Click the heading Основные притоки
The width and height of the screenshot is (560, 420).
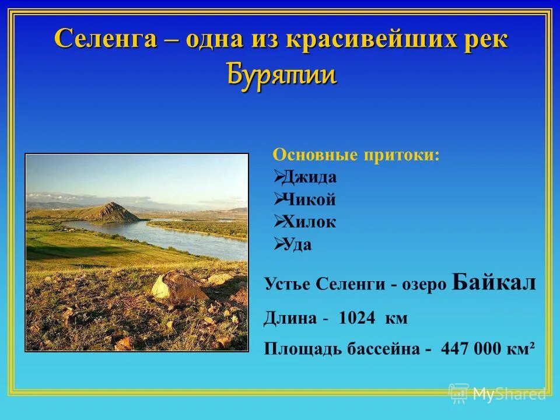coord(356,155)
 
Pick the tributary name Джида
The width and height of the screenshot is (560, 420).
coord(310,177)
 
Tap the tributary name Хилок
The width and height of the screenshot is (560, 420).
coord(310,222)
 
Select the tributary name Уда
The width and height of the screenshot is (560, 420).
coord(297,244)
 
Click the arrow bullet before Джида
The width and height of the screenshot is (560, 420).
coord(278,177)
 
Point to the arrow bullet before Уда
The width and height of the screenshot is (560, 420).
coord(278,244)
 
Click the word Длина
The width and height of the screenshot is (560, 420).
coord(290,318)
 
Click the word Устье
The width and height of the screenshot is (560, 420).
coord(288,285)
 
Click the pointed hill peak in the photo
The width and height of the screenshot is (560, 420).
coord(111,205)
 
